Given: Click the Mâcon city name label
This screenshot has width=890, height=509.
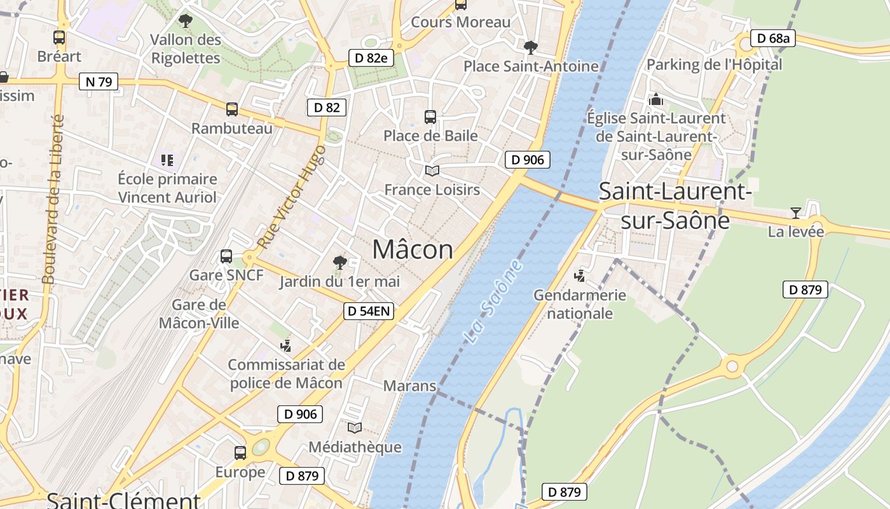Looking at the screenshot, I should coord(413,249).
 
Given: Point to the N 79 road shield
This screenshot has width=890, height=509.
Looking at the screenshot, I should coord(99,81).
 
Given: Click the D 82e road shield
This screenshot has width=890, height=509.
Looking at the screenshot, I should coord(371,58).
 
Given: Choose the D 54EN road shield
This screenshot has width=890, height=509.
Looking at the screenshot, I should coord(369,311).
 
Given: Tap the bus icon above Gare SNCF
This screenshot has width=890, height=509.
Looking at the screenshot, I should coord(226,256).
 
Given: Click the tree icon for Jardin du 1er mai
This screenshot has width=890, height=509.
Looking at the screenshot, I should coord(340,261).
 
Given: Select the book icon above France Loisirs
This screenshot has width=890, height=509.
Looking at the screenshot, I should coord(432,171).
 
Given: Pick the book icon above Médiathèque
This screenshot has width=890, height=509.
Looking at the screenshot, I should coord(354,428).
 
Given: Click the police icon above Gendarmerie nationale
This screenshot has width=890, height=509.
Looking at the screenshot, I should coord(579,276).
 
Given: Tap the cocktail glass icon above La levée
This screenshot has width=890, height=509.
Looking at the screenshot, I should coord(795,213).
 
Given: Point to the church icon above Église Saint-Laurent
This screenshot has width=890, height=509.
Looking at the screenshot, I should coord(655,100).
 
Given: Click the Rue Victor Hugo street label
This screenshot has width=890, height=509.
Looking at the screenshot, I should coord(292,197).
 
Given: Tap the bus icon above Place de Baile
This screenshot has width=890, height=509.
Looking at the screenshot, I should coord(430,116).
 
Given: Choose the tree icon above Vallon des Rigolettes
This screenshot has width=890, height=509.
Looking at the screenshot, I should coord(185,21).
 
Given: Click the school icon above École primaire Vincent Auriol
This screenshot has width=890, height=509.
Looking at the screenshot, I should coord(167,160).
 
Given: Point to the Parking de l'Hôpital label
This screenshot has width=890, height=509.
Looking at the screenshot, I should coord(714,64).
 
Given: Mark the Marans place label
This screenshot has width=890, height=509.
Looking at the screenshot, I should coord(409,386).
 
